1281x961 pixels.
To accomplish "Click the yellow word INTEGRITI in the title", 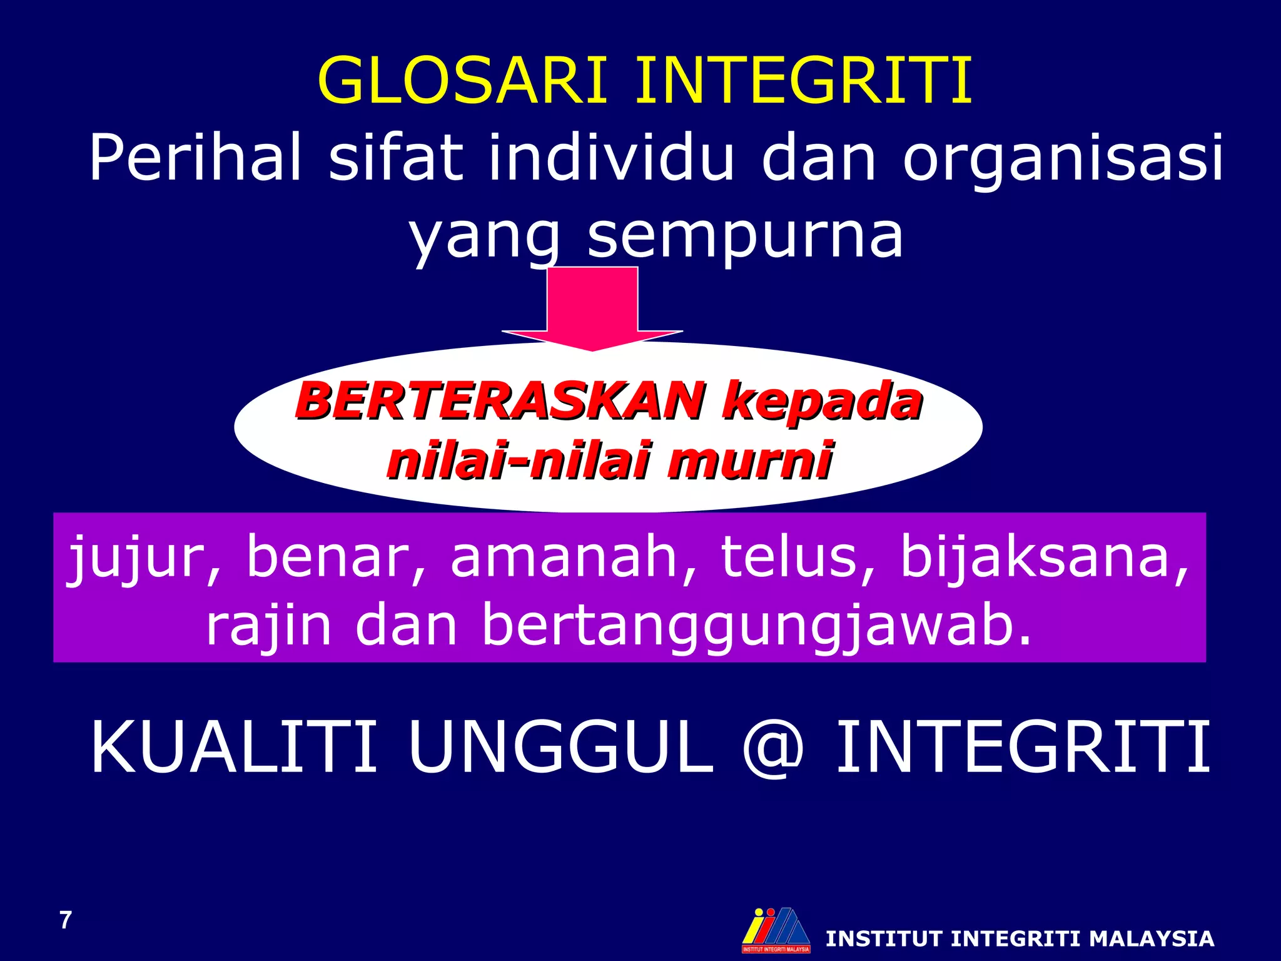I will pos(803,81).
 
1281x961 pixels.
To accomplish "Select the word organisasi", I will pos(1062,158).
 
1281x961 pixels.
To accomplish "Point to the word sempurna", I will pos(744,235).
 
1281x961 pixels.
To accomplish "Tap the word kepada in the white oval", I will pos(822,402).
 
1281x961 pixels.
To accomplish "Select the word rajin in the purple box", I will pos(268,625).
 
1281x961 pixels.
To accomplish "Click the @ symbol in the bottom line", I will pos(772,746).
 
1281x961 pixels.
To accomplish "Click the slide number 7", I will pos(66,920).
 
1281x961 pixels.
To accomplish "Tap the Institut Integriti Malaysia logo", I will pos(776,930).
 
